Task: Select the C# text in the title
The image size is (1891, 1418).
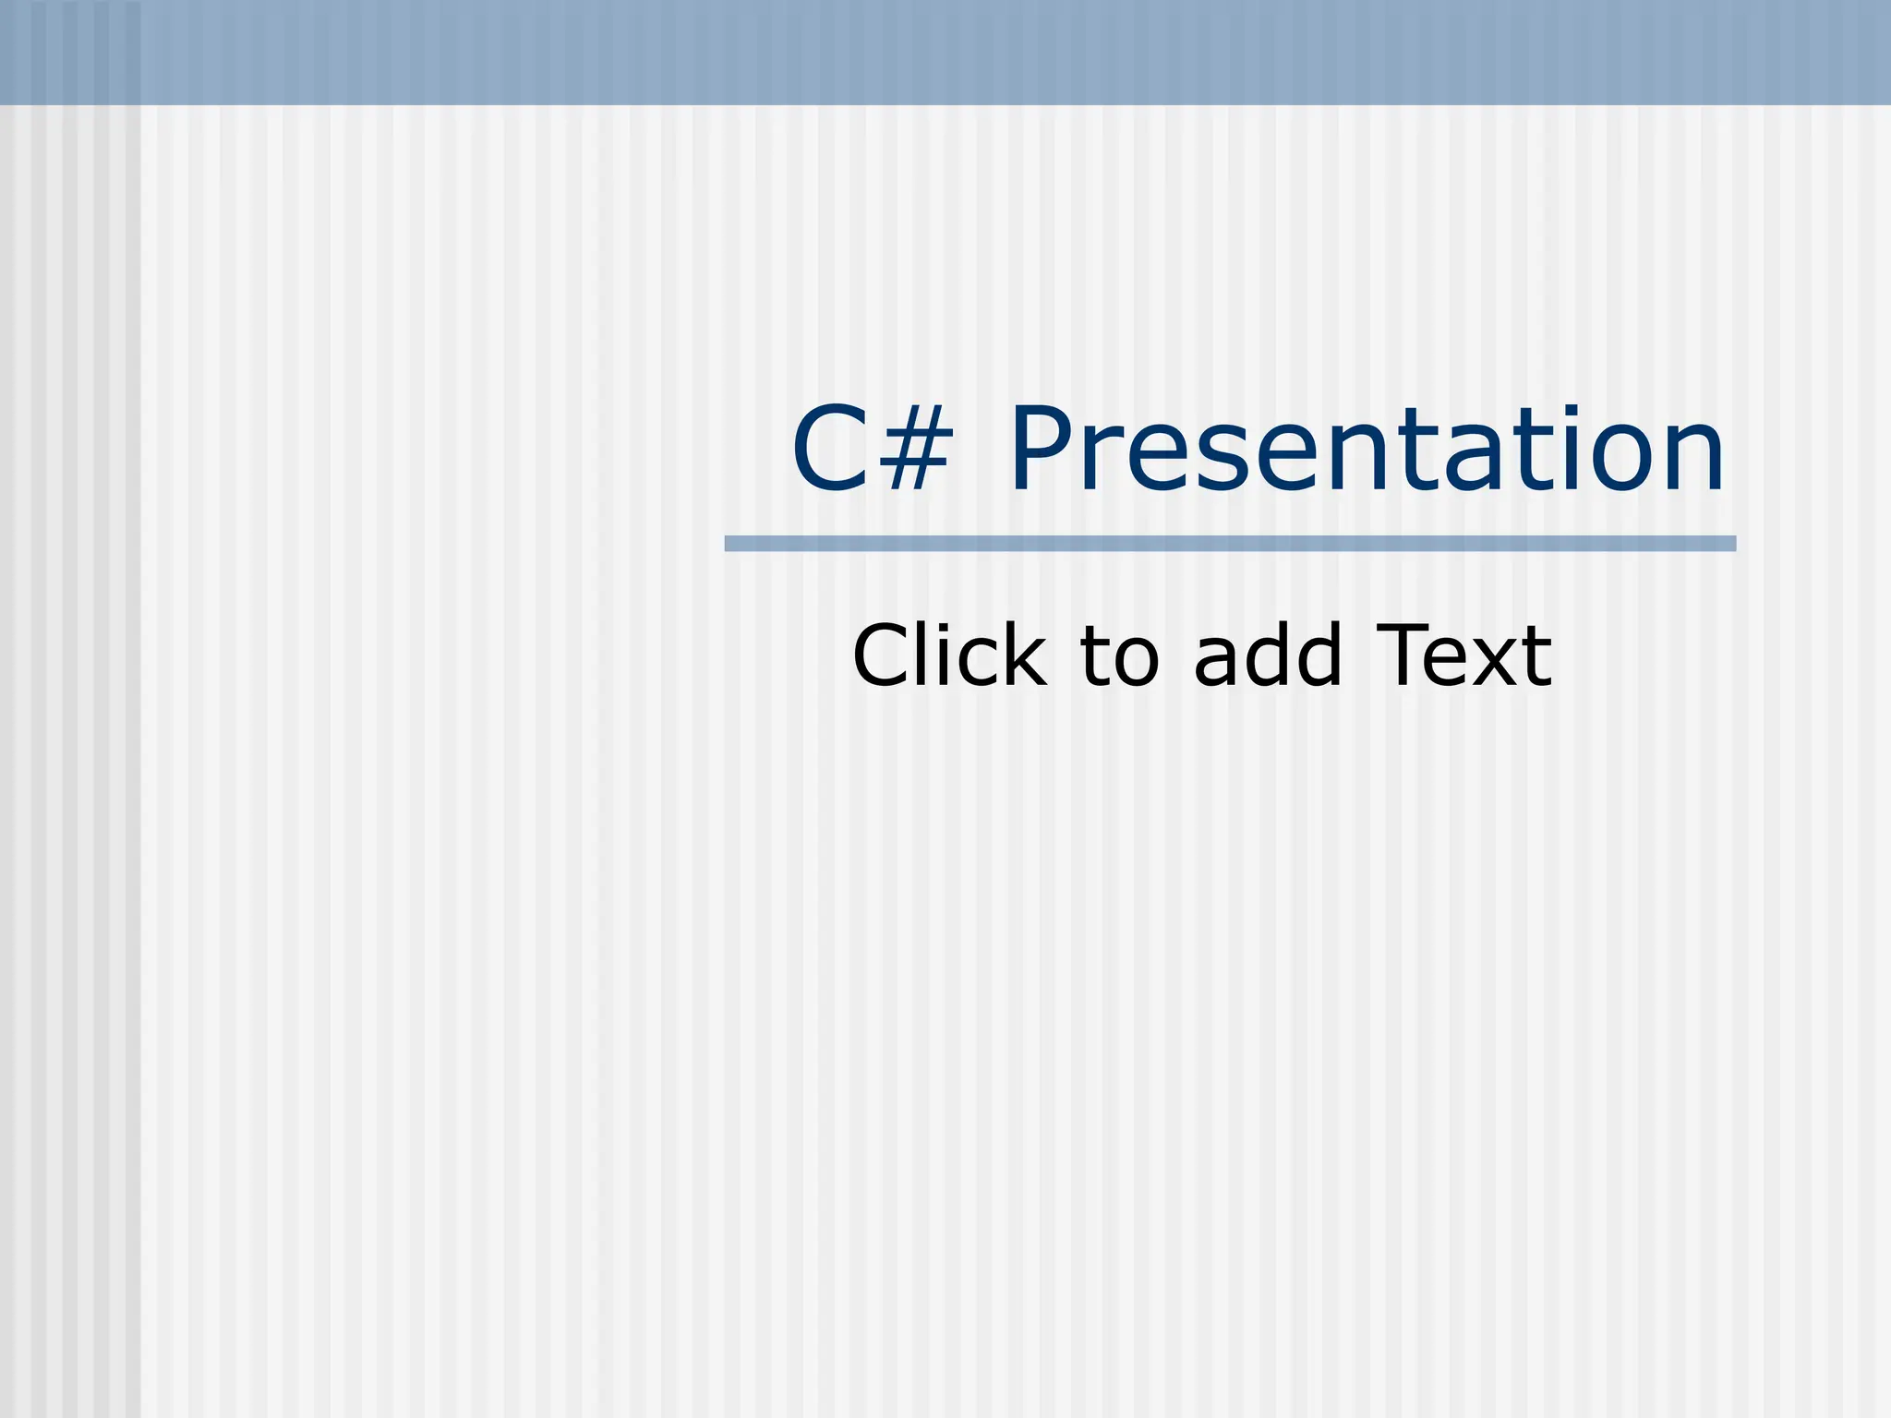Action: pos(872,451)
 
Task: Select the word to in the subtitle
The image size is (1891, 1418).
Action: pos(1119,657)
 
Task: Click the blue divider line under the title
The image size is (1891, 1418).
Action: pos(1230,544)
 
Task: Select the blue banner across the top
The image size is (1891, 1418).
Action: pos(945,52)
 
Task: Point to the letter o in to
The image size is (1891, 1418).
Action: pos(1135,665)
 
